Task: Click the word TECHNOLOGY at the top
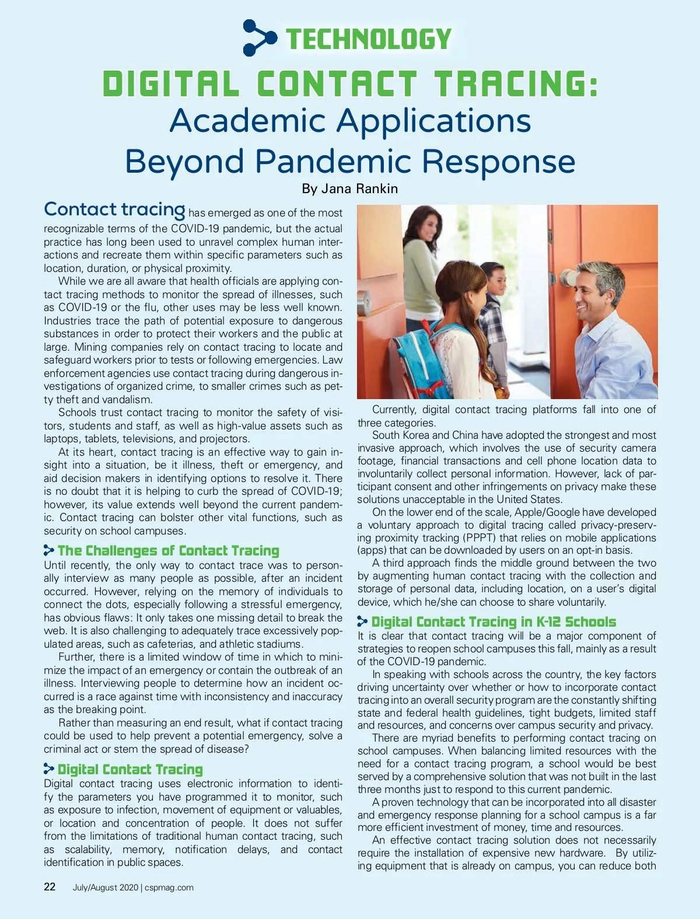pyautogui.click(x=369, y=39)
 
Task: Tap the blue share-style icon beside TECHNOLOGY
pyautogui.click(x=259, y=38)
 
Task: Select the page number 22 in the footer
pyautogui.click(x=50, y=887)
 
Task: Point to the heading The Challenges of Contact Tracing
pyautogui.click(x=168, y=551)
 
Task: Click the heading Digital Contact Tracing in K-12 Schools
pyautogui.click(x=494, y=622)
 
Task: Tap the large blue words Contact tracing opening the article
pyautogui.click(x=114, y=209)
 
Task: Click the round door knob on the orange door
pyautogui.click(x=566, y=278)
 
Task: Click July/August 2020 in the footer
pyautogui.click(x=105, y=887)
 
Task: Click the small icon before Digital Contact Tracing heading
pyautogui.click(x=49, y=769)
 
